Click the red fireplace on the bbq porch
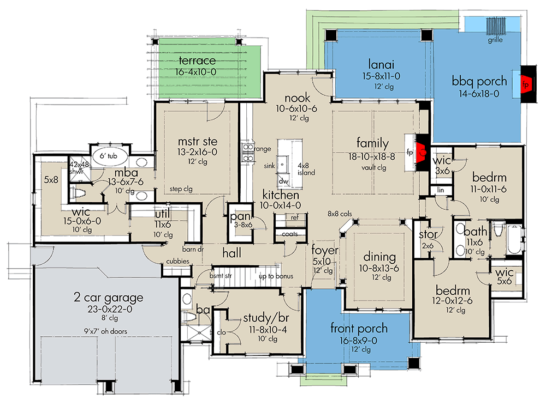point(527,85)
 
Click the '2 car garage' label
point(108,298)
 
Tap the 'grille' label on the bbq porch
point(496,40)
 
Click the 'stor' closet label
point(426,235)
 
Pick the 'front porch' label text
point(359,328)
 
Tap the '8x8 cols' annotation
point(340,214)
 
